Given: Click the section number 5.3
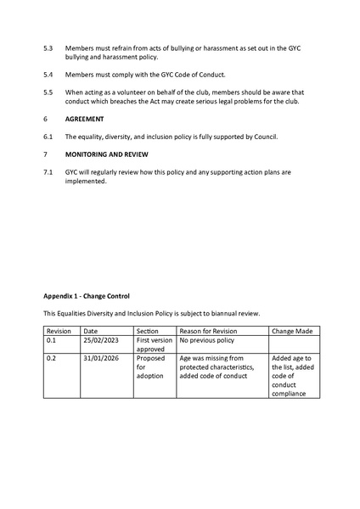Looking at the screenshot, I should [x=48, y=48].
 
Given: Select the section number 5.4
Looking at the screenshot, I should [x=48, y=74].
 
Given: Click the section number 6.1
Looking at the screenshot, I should [x=48, y=137].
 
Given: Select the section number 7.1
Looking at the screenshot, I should [x=48, y=172].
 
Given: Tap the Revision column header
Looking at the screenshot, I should [x=59, y=331].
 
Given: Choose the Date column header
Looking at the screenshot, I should [x=91, y=331].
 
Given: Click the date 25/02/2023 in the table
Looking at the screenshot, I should [x=101, y=340].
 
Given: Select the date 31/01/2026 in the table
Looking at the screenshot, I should [x=101, y=359].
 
